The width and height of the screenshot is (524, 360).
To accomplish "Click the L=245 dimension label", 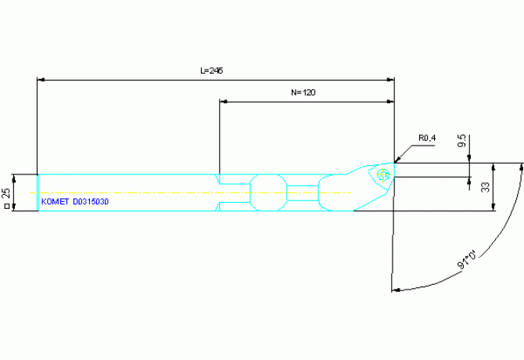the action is coord(211,70).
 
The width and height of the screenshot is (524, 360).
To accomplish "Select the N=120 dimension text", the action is coord(303,92).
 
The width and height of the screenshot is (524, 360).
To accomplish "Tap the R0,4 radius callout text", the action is coord(427,138).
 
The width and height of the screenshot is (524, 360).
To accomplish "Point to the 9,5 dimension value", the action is coord(462,140).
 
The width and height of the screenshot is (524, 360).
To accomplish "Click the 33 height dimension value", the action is coord(485,187).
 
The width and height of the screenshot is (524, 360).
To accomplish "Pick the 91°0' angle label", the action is coord(468,259).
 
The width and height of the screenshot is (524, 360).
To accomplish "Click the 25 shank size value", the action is coord(6,193).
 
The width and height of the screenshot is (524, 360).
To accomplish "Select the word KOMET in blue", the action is coord(56,202).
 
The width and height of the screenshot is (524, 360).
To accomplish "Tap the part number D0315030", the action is coord(91,202).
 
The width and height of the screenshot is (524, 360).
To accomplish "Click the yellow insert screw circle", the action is coord(383,175).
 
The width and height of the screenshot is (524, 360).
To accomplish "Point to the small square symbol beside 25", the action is coord(6,207).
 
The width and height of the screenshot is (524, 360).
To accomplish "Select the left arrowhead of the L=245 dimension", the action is coord(41,80).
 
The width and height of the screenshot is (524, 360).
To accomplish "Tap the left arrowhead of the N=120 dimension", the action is coord(223,101).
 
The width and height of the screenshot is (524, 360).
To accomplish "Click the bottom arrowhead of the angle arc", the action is coord(396,290).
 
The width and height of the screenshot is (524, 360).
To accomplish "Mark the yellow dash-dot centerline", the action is coord(191,193).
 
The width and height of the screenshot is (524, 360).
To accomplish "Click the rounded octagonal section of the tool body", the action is coord(268,193).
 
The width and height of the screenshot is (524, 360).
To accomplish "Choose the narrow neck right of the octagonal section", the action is coord(303,193).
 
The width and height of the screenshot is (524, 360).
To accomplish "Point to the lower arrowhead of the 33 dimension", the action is coord(493,207).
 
